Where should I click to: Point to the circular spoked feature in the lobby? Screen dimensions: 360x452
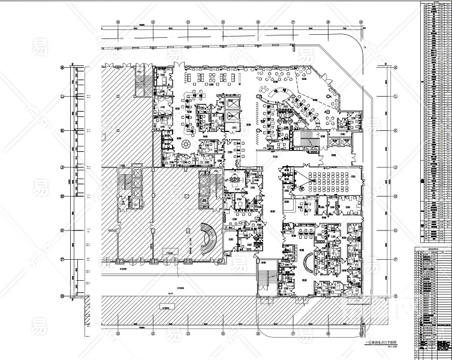tap(183, 146)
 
